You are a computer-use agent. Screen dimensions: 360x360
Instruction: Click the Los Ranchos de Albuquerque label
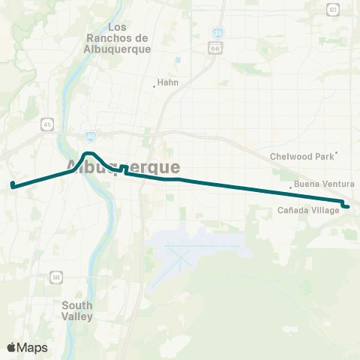[x=118, y=38]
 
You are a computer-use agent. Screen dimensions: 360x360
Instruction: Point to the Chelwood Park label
[x=301, y=157]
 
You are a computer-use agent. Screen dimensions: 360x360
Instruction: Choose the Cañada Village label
[x=308, y=210]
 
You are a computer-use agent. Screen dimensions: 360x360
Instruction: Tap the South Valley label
[x=77, y=310]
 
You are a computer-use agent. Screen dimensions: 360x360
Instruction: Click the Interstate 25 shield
[x=215, y=34]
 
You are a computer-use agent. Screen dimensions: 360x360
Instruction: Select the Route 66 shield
[x=216, y=48]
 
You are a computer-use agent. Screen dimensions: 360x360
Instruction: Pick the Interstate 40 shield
[x=91, y=136]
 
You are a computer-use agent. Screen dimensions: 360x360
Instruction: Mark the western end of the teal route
[x=13, y=184]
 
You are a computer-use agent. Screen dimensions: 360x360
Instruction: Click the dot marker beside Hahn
[x=154, y=85]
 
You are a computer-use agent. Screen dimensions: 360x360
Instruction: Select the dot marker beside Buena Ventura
[x=291, y=187]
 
